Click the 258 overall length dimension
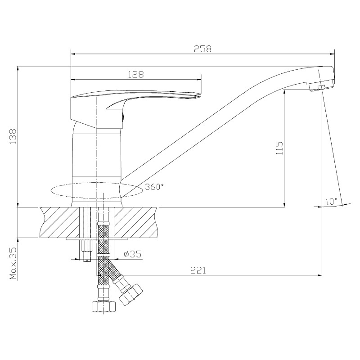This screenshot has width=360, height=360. [x=202, y=49]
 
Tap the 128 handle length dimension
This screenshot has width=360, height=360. [x=136, y=74]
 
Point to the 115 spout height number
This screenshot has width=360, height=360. [x=279, y=148]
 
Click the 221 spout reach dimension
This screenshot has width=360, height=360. [x=198, y=270]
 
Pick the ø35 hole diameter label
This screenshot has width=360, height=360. [x=132, y=254]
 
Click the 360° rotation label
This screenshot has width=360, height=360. [x=154, y=187]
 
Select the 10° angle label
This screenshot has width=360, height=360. [x=331, y=202]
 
